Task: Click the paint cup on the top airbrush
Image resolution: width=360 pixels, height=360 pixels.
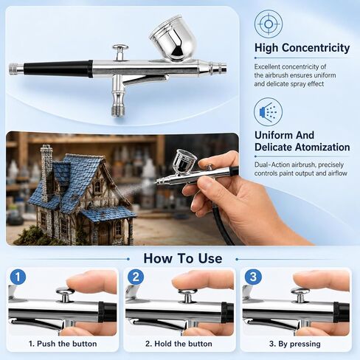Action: [x=173, y=38]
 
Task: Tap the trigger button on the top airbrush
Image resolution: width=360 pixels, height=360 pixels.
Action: [x=120, y=52]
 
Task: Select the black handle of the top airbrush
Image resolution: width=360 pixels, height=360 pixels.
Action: [x=58, y=69]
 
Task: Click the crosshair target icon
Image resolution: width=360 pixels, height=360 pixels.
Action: [x=269, y=24]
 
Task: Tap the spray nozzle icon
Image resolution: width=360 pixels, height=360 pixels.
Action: [x=268, y=112]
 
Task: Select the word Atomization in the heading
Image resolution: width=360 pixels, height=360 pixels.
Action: [x=322, y=147]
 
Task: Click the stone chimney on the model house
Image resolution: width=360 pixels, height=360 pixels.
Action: [x=46, y=172]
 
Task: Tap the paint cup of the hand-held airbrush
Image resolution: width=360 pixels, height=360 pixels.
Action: [x=184, y=162]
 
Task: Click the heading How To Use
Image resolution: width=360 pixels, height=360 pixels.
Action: [x=183, y=258]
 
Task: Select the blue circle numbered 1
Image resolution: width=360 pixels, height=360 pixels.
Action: [x=18, y=277]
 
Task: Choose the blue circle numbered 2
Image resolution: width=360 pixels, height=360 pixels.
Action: [x=136, y=277]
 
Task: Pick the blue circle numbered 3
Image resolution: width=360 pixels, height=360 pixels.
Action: [x=253, y=277]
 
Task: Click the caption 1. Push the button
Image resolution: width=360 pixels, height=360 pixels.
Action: [x=63, y=344]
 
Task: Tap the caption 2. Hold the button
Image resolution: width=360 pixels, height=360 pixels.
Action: [x=179, y=344]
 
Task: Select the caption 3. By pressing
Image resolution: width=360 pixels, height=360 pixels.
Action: [x=295, y=344]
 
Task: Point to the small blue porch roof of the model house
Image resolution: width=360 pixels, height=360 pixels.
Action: [x=108, y=213]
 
